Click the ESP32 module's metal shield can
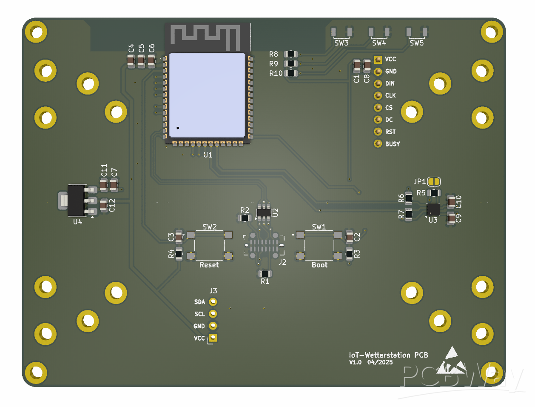click(x=207, y=95)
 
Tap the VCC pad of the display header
click(x=378, y=60)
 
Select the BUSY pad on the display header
click(x=378, y=144)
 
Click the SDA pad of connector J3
click(x=213, y=302)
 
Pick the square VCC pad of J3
click(x=213, y=338)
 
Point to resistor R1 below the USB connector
click(x=265, y=273)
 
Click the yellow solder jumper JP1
click(x=434, y=182)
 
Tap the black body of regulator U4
click(x=77, y=200)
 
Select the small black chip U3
click(x=433, y=209)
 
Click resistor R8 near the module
click(x=291, y=54)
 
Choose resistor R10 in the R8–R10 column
click(x=291, y=73)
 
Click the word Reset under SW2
click(x=209, y=265)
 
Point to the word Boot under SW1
click(x=319, y=265)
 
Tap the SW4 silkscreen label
click(x=379, y=43)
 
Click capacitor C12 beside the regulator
click(x=103, y=206)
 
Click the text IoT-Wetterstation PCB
click(x=388, y=355)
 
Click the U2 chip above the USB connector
click(x=264, y=212)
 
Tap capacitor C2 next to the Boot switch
click(x=350, y=236)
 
